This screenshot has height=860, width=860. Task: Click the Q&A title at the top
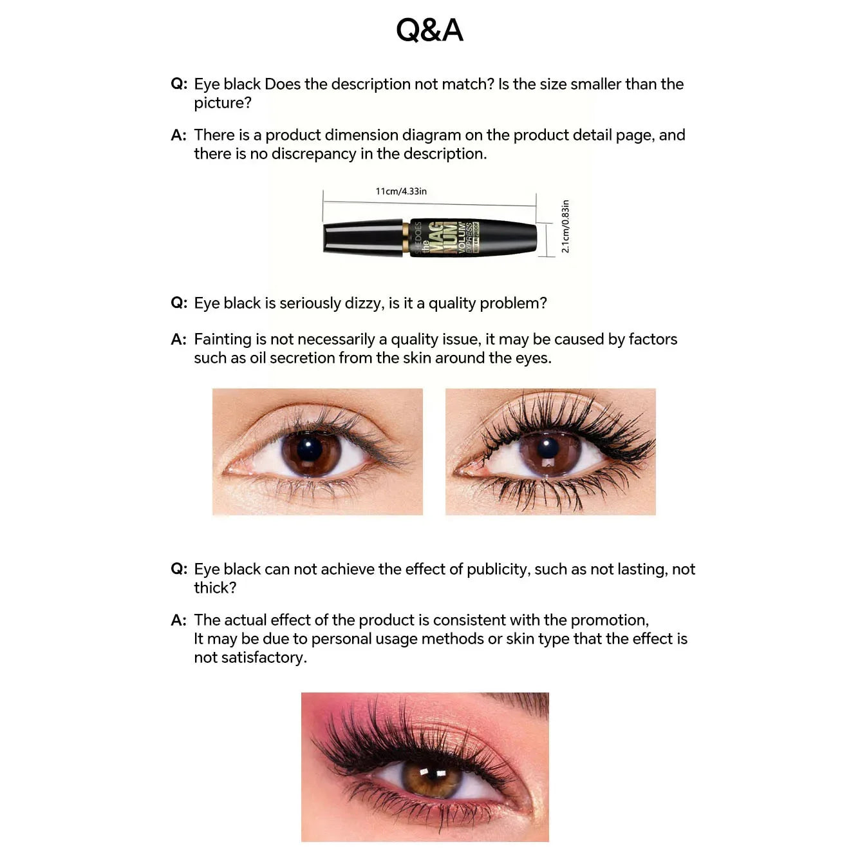point(429,30)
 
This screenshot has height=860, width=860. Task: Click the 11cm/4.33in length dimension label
point(401,191)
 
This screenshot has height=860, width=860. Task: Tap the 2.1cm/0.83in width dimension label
point(565,226)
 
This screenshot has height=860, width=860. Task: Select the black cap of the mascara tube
point(363,238)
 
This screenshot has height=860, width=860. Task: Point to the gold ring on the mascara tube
point(406,238)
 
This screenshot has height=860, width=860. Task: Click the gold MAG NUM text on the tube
point(442,238)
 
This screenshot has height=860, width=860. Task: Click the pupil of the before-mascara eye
point(310,449)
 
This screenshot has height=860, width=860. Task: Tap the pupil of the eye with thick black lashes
point(548,448)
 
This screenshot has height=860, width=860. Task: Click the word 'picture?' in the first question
point(222,103)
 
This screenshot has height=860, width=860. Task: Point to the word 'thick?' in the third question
point(215,588)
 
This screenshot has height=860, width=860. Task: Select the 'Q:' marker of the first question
point(179,84)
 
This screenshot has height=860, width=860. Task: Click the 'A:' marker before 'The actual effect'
point(178,620)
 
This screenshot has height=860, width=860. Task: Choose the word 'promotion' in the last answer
point(609,620)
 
